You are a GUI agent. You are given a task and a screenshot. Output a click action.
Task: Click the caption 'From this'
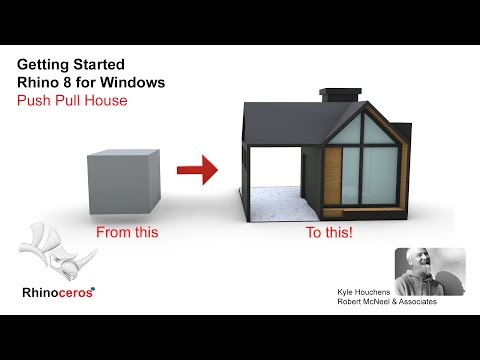[127, 233]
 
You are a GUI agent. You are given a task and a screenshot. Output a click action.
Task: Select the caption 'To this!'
[329, 233]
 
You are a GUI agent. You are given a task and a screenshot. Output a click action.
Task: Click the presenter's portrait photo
[428, 271]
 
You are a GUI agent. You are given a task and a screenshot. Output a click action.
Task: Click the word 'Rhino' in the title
[39, 82]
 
